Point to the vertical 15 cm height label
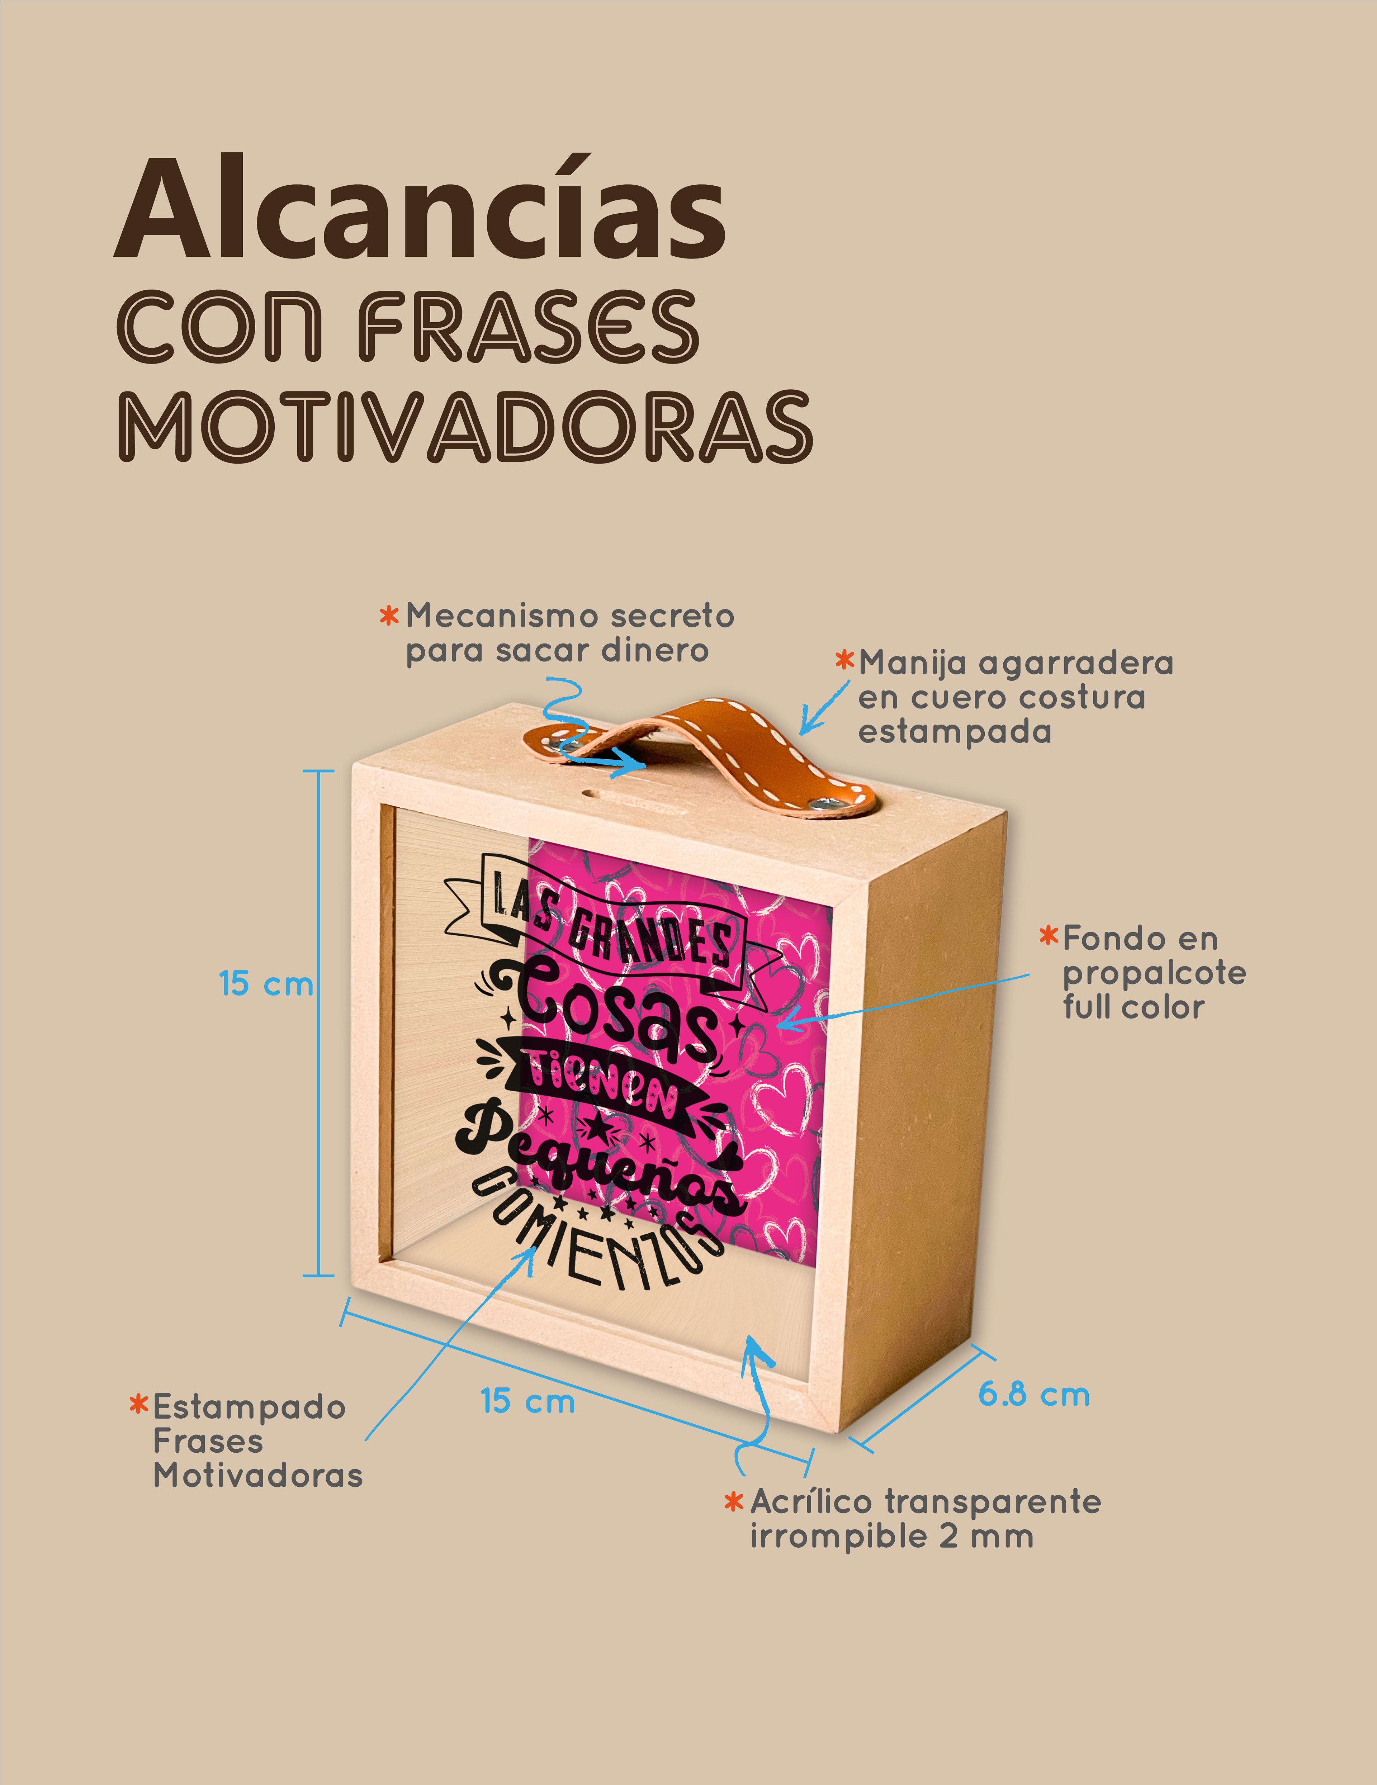click(266, 983)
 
